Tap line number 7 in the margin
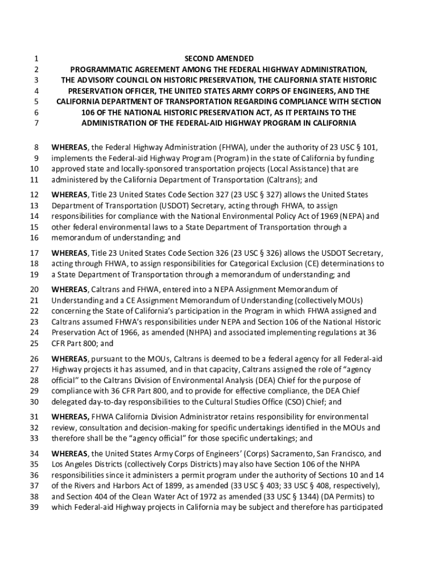coord(35,123)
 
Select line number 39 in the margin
coord(34,508)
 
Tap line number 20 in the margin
coord(34,290)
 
